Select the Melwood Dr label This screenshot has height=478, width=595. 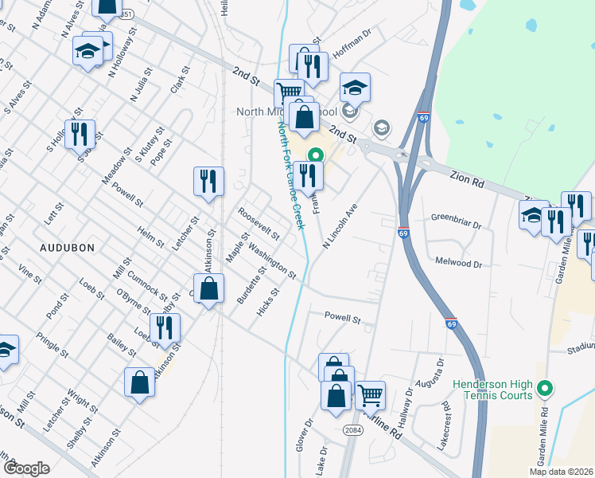coord(459,261)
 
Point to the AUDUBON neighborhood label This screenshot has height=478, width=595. coord(68,248)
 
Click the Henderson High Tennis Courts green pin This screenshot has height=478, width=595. coord(545,390)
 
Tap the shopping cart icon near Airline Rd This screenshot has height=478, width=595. coord(370,395)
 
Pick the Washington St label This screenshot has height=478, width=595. coord(272,261)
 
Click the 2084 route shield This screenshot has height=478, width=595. coord(354,429)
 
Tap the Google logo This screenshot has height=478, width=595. coord(26,468)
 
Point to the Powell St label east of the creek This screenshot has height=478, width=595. coord(343,317)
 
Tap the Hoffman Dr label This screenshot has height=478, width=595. coord(352,44)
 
